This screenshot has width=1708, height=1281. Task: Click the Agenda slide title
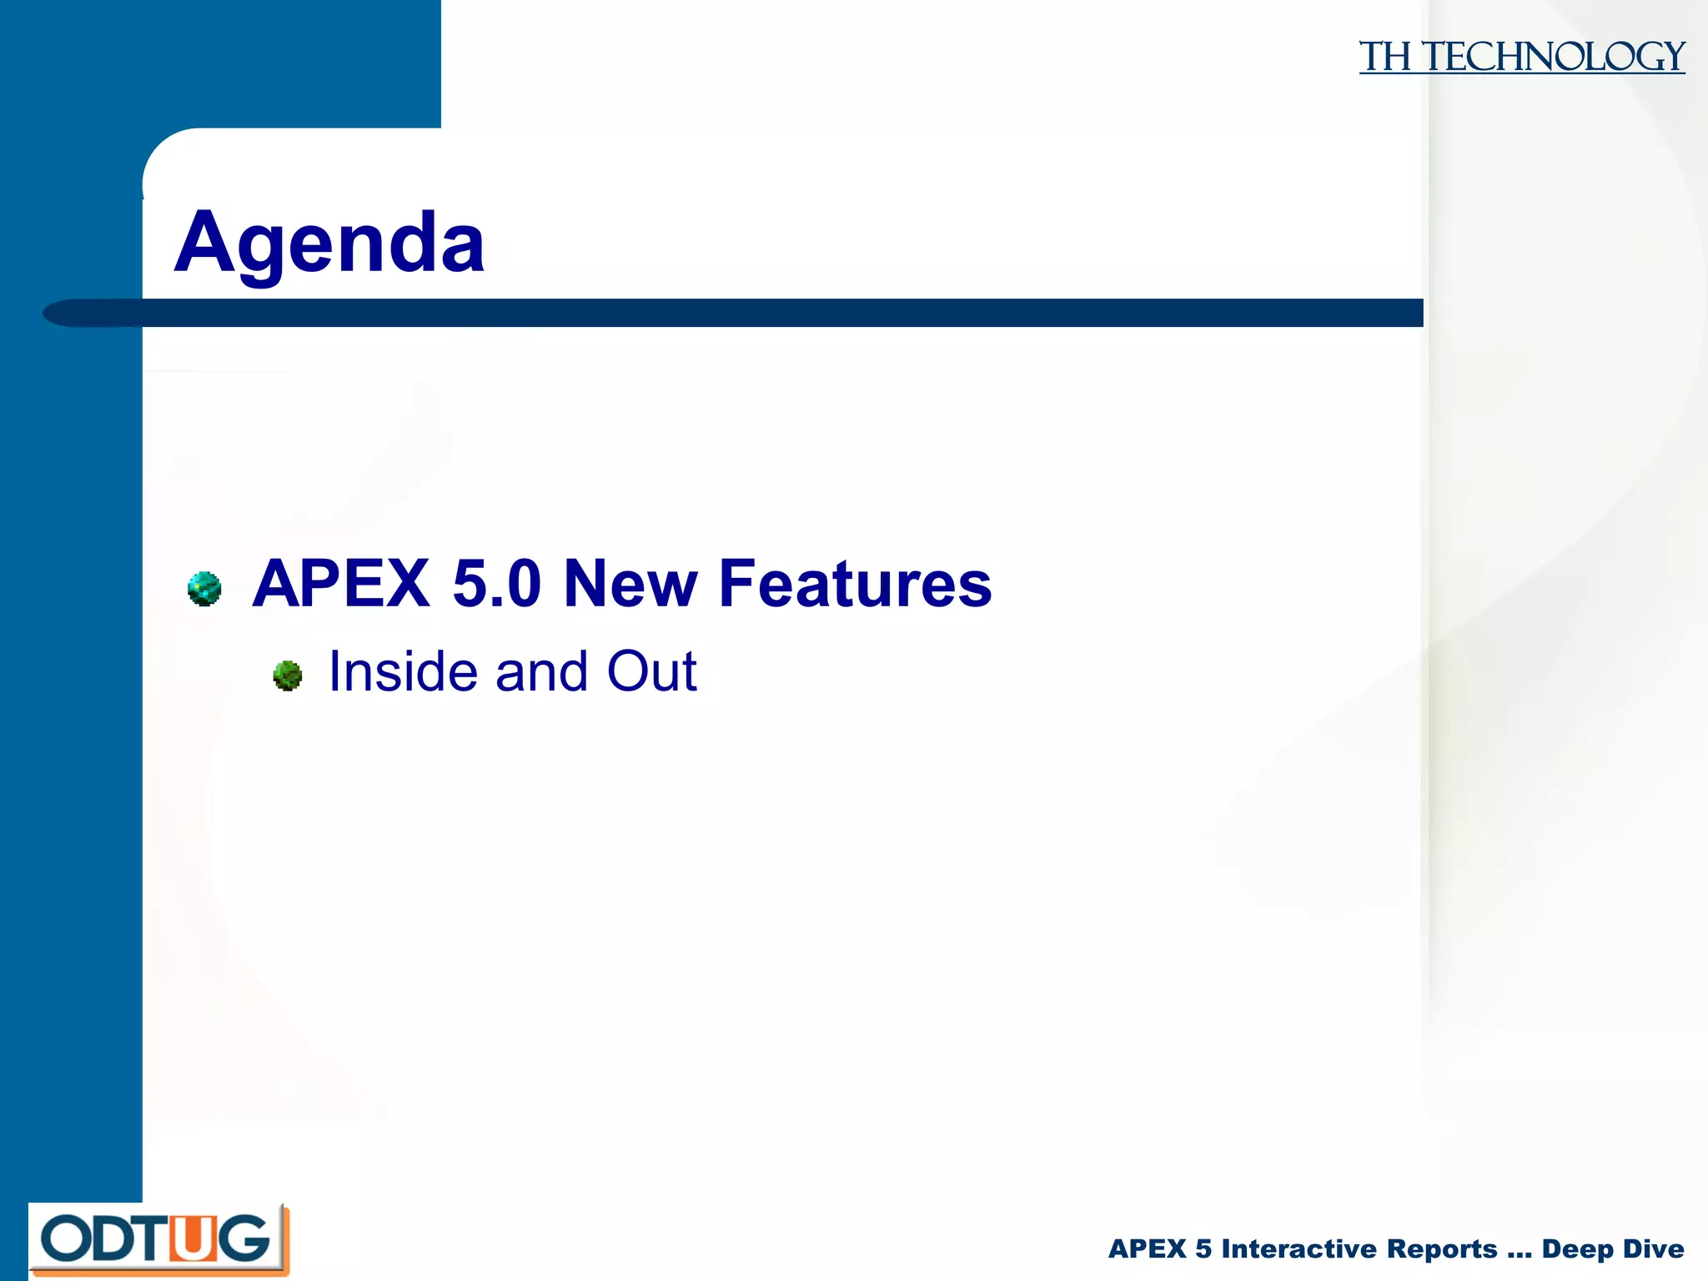point(329,243)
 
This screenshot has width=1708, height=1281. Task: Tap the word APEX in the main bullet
point(341,584)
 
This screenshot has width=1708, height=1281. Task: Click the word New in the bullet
point(630,584)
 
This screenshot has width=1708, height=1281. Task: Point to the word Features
point(855,584)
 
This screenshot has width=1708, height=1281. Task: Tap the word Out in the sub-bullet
point(651,671)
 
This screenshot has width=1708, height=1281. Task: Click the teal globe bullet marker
point(204,589)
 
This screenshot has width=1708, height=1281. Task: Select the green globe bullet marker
point(288,676)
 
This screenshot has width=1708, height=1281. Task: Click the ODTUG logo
point(158,1239)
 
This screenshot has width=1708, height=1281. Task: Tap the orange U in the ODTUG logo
point(192,1239)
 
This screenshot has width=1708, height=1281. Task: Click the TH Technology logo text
point(1521,57)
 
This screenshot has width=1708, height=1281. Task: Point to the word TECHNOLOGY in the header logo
point(1553,57)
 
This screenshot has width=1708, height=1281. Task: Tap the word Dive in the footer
point(1654,1248)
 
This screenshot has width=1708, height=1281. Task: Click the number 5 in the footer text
point(1203,1248)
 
